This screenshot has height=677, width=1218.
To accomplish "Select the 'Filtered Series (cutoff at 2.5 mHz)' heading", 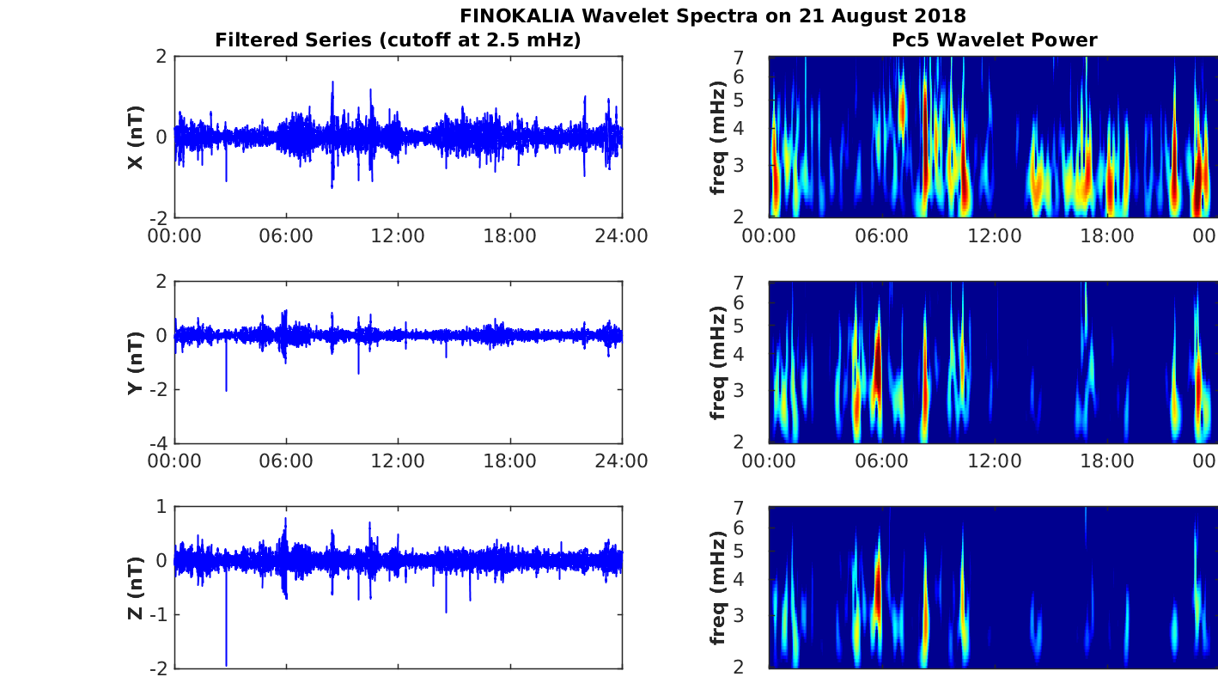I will point(398,40).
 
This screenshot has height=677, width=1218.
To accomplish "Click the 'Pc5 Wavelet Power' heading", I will point(994,40).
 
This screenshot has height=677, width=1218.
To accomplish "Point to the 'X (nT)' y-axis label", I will point(135,137).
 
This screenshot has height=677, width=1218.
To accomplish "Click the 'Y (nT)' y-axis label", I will point(135,363).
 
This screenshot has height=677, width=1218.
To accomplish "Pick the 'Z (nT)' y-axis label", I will point(135,588).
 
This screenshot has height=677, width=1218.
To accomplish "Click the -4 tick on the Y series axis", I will point(158,443).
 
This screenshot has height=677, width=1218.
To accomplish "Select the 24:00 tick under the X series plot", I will point(622,235).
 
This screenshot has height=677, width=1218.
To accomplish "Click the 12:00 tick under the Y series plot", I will point(398,461).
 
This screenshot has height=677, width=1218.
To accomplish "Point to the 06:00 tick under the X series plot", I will point(286,235).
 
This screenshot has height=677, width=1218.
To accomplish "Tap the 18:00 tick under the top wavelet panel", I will point(1107,235).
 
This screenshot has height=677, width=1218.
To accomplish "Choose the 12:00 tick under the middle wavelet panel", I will point(995,461).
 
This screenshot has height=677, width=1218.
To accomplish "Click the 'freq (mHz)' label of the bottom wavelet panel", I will point(719,588).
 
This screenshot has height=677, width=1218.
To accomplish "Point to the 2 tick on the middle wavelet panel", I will point(760,442).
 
